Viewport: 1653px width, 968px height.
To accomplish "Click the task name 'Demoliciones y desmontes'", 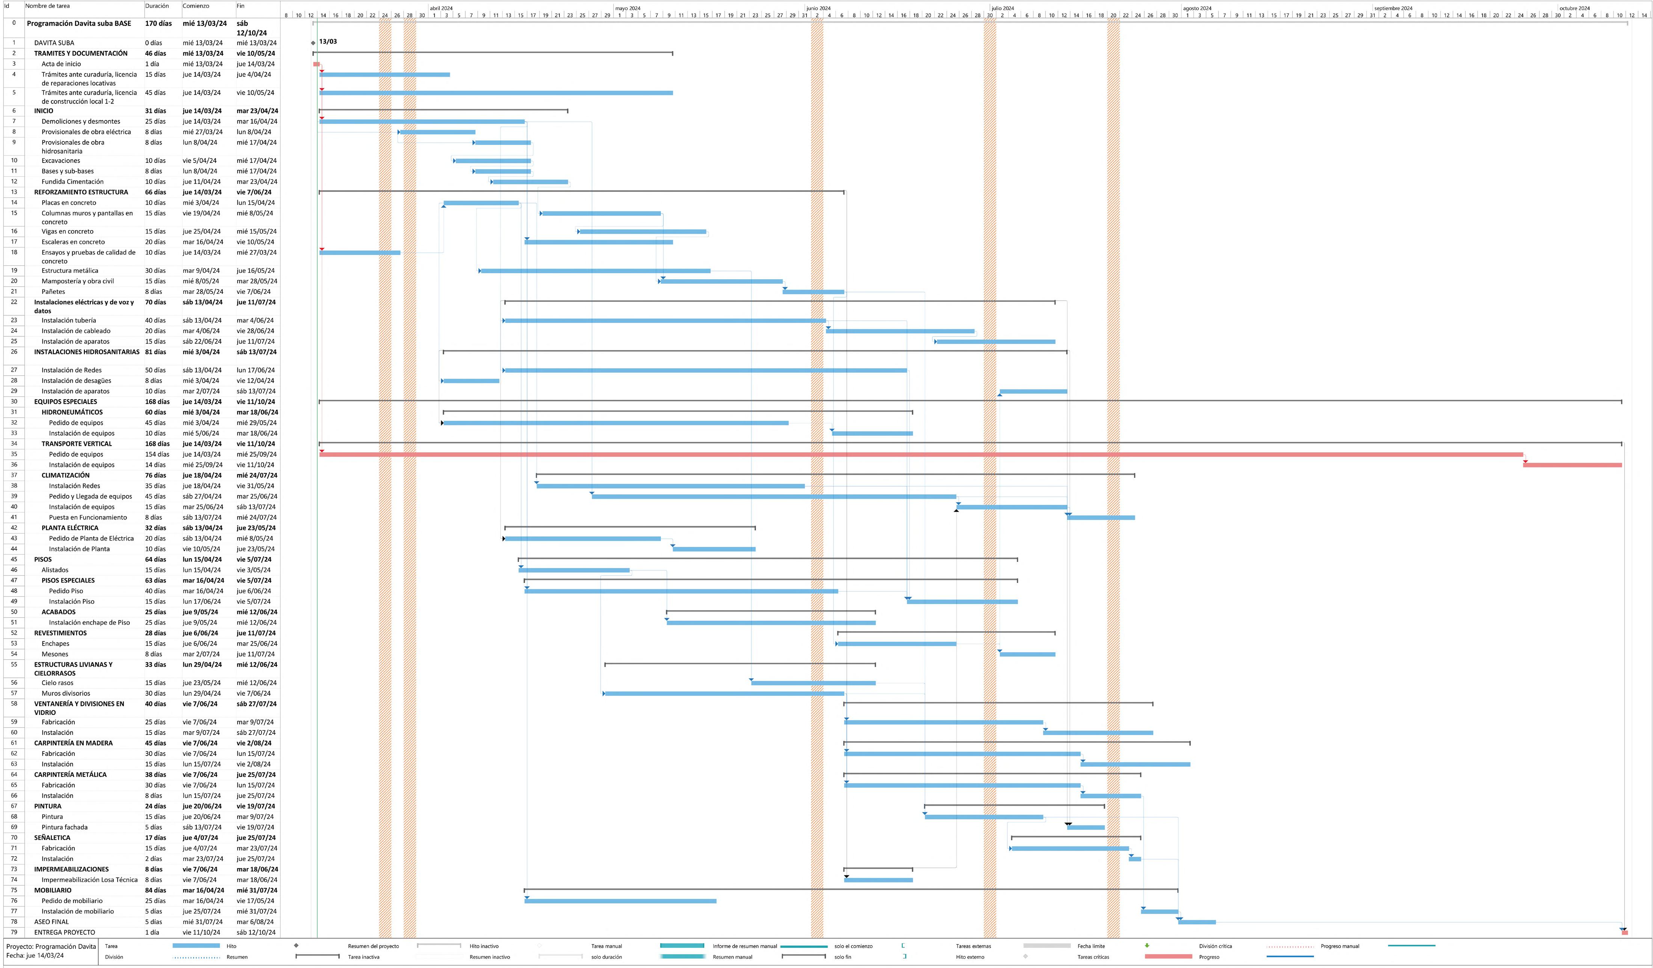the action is click(81, 121).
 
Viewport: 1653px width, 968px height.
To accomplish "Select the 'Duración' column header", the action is click(157, 6).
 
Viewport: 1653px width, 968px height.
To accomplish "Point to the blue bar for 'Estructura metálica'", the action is click(594, 271).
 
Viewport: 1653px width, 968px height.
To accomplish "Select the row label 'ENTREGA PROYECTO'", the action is click(64, 932).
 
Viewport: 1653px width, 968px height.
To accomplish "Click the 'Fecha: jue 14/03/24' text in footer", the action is click(35, 956).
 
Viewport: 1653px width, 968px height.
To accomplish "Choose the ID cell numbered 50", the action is click(14, 612).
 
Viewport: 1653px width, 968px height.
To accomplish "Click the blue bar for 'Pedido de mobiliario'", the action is click(620, 901).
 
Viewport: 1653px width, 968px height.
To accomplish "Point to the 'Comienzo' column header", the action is click(196, 6).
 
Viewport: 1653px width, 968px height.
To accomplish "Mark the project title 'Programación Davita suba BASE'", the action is click(79, 24).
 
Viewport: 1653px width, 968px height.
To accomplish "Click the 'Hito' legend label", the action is click(232, 946).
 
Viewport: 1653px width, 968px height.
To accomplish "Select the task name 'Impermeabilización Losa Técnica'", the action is click(89, 879).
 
